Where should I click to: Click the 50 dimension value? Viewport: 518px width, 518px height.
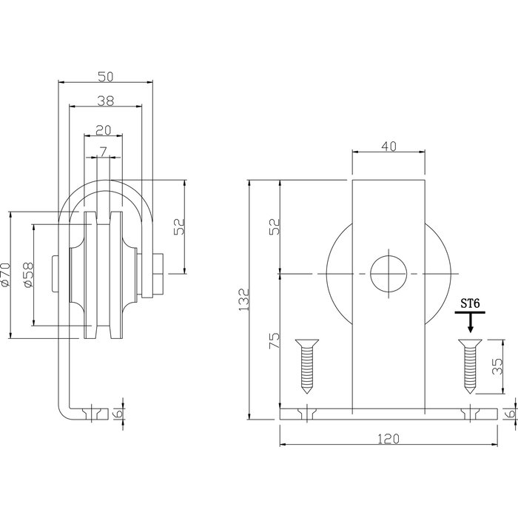point(104,75)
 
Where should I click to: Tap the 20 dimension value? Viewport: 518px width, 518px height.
point(104,129)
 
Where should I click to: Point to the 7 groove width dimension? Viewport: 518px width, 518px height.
point(104,151)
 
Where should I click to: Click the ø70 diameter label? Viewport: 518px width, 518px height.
point(7,275)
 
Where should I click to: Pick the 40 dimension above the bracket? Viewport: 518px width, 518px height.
point(389,146)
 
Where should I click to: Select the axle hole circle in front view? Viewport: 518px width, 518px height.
point(389,275)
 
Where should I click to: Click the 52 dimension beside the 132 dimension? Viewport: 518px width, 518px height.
point(274,226)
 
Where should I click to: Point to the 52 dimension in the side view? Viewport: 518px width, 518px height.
point(178,226)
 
